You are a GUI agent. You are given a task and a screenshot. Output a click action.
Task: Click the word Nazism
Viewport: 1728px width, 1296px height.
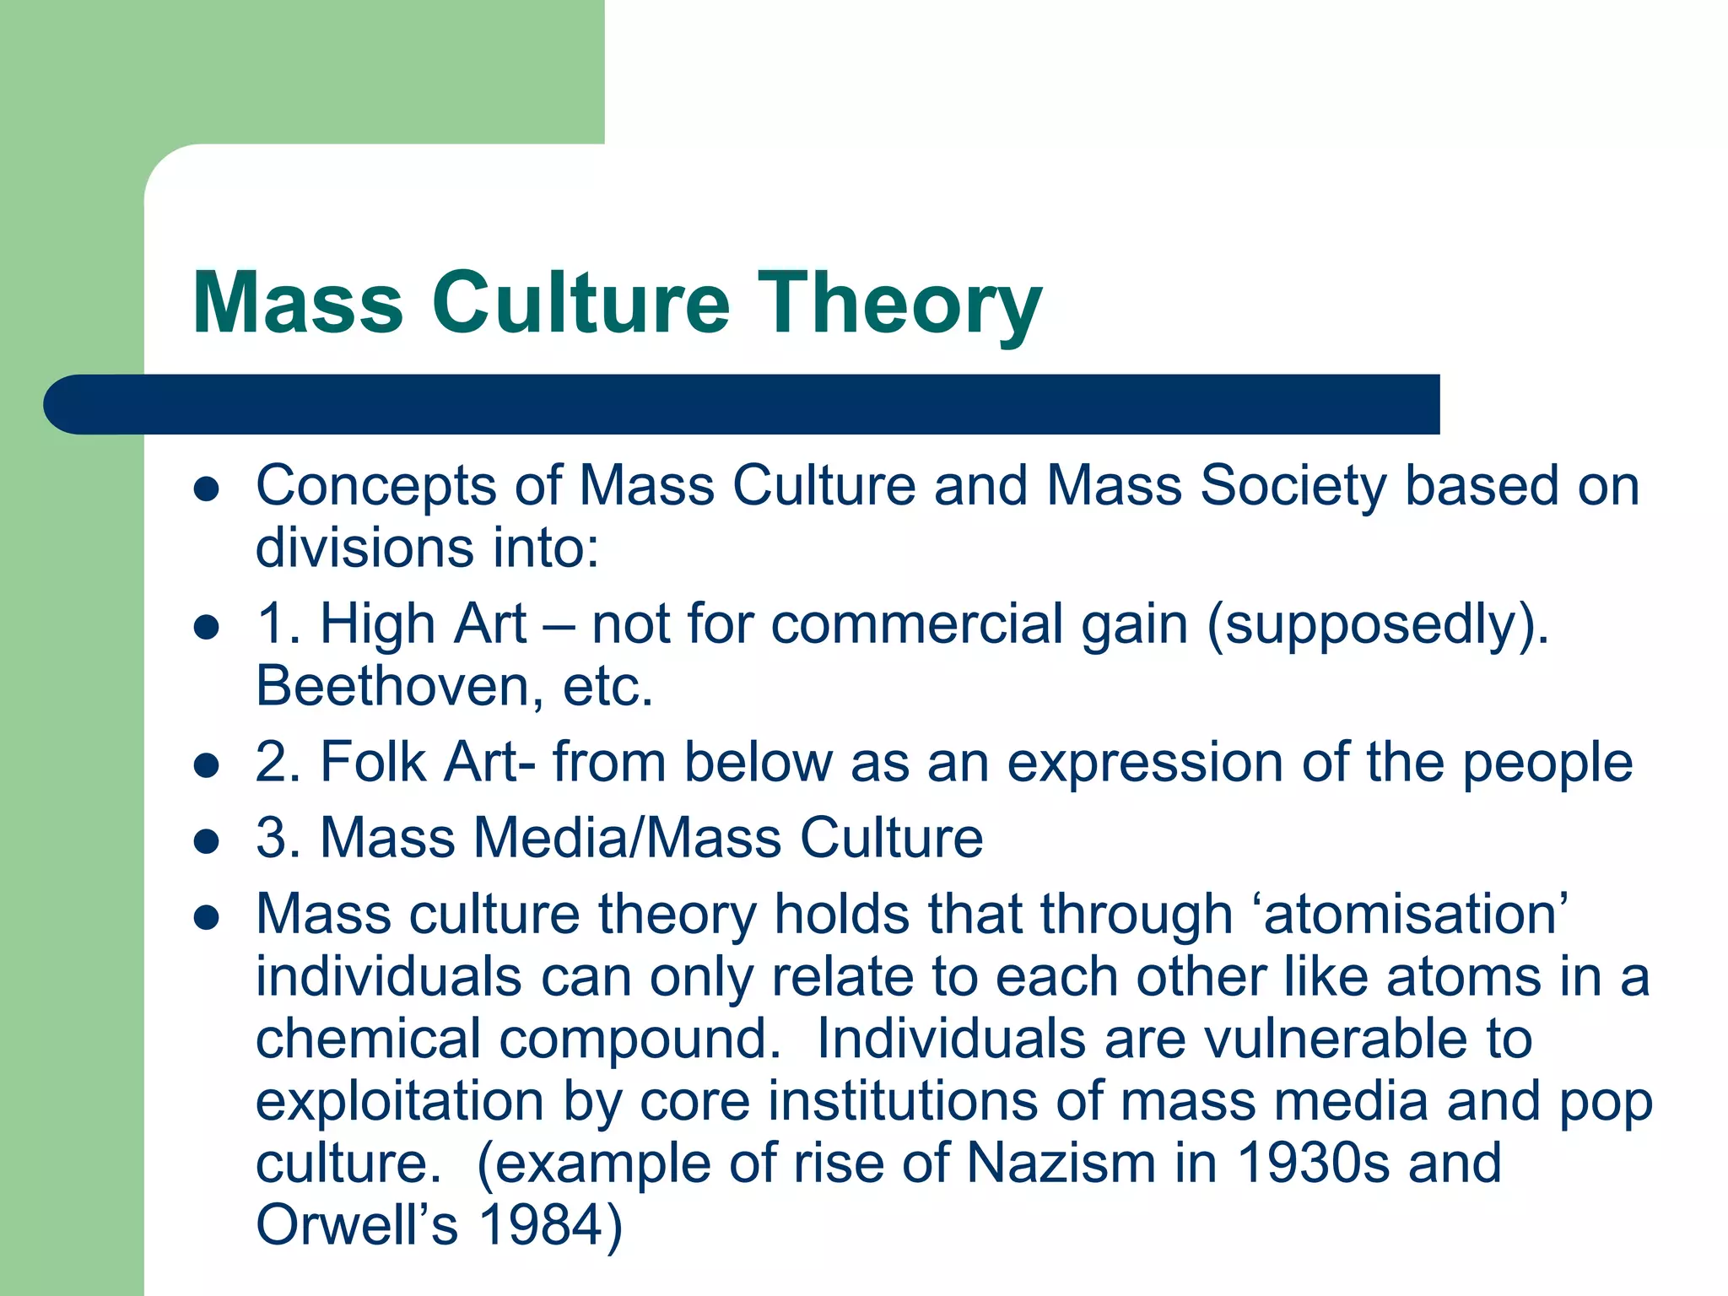1061,1163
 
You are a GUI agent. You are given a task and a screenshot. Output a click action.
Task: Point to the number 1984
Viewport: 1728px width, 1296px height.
541,1225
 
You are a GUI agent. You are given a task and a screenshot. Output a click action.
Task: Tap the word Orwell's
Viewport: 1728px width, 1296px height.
357,1225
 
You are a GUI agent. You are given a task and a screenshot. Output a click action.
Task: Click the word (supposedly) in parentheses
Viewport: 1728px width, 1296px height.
1377,626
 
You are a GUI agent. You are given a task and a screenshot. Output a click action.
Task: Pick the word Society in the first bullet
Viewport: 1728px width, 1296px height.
1293,488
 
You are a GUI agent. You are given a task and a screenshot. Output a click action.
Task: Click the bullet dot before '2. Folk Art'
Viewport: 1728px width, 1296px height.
207,765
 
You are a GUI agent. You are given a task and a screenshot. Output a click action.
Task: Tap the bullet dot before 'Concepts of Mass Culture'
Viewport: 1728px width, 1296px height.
207,489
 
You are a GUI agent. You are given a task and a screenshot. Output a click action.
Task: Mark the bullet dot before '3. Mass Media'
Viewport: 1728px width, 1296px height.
207,841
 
